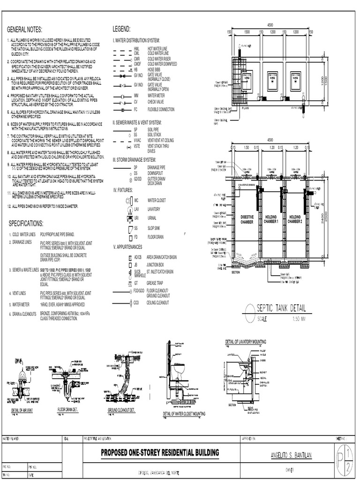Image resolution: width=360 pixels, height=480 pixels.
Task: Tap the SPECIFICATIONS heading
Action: [27, 223]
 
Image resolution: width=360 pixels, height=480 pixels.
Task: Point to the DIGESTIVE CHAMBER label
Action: [247, 219]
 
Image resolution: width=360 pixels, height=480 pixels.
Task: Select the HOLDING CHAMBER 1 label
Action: [271, 219]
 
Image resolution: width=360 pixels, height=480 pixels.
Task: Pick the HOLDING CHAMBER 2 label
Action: [295, 219]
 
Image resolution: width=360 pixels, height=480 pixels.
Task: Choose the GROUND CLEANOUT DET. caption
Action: [121, 410]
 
